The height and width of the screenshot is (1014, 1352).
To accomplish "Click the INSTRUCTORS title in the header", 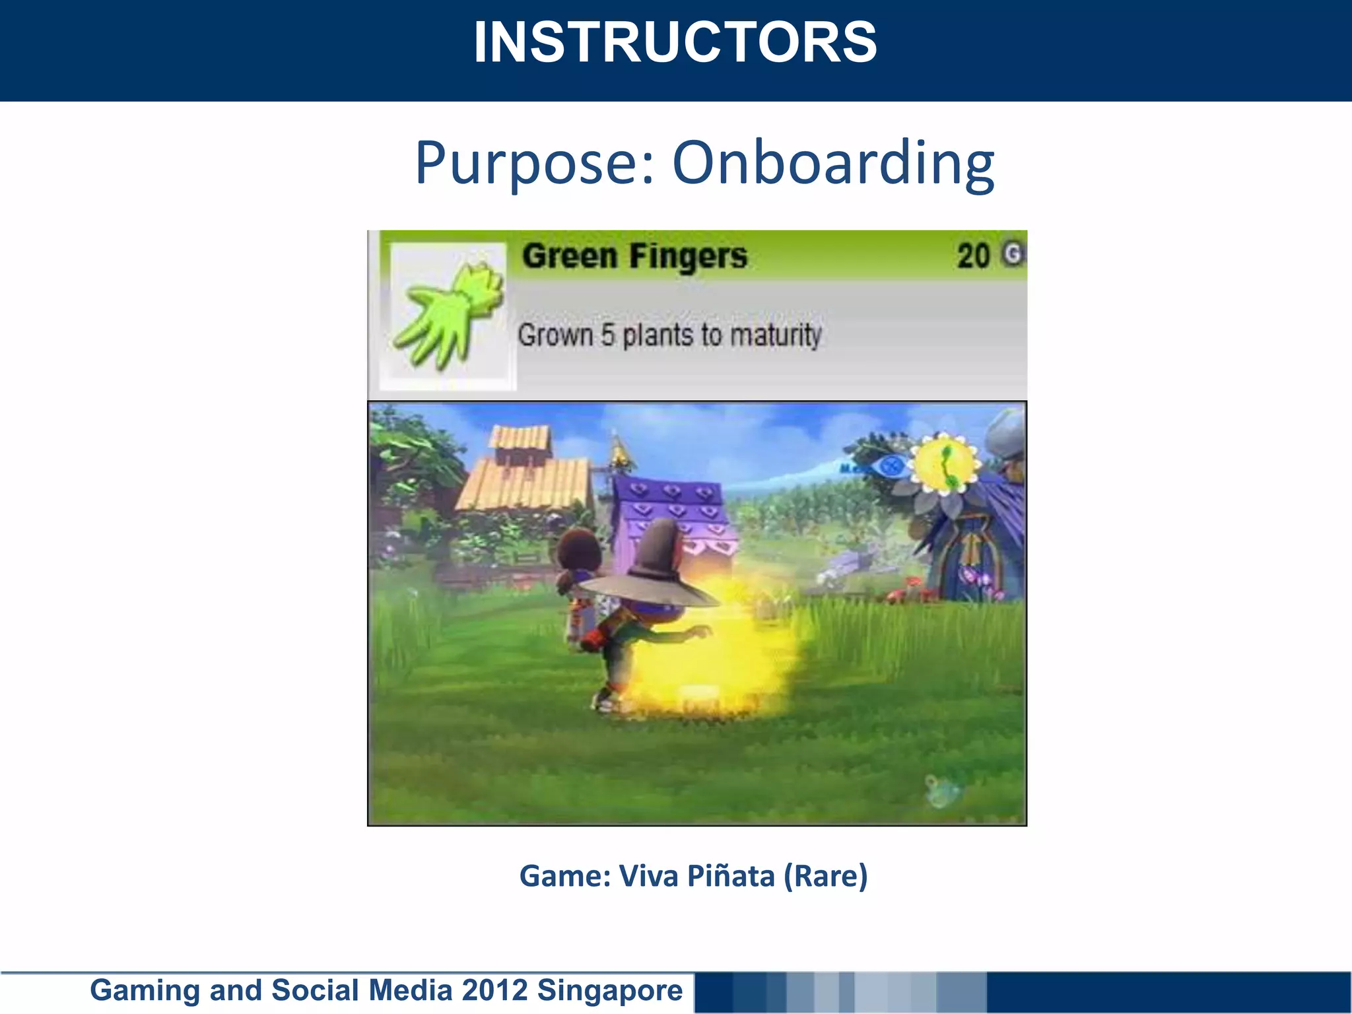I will tap(675, 43).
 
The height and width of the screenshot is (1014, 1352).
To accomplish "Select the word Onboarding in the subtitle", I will tap(833, 163).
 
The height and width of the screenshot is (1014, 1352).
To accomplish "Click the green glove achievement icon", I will tap(448, 315).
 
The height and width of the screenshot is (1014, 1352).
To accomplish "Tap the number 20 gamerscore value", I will tap(974, 256).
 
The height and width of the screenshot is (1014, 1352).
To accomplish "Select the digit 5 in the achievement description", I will tap(607, 335).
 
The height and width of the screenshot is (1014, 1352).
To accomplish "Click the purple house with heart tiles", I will tap(673, 522).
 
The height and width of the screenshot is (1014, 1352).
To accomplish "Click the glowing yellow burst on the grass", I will tap(720, 654).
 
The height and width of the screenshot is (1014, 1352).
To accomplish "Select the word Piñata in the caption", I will tap(730, 876).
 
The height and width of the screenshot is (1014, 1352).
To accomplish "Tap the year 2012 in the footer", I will tap(495, 990).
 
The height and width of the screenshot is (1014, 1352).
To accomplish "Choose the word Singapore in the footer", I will tap(610, 990).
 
